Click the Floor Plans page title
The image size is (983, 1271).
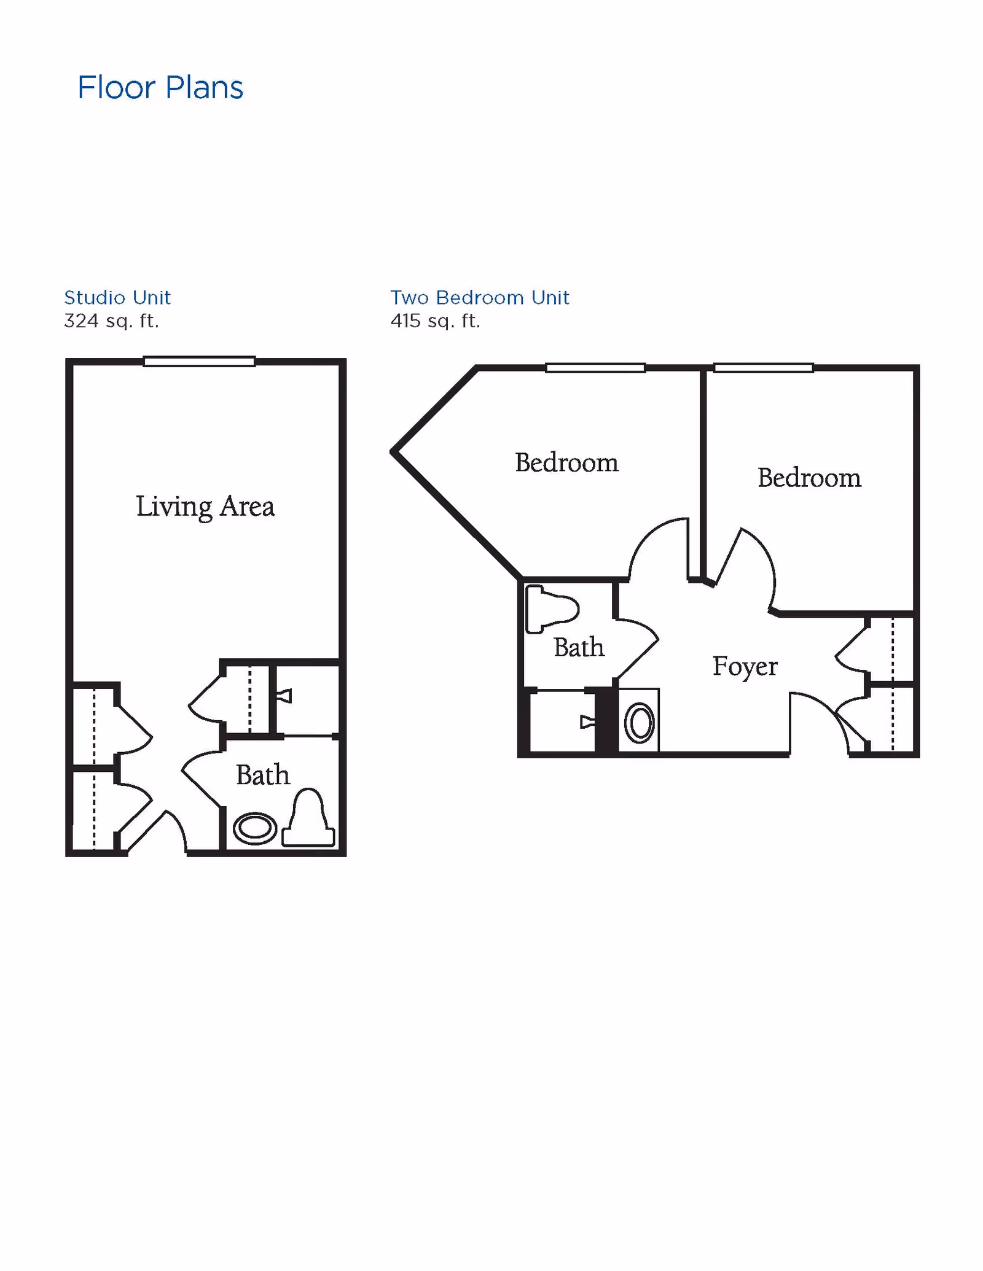pyautogui.click(x=160, y=88)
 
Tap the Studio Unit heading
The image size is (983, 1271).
pyautogui.click(x=117, y=298)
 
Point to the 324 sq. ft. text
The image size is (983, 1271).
pyautogui.click(x=111, y=321)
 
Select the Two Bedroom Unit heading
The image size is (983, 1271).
pyautogui.click(x=480, y=298)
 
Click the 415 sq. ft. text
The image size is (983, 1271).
pyautogui.click(x=435, y=321)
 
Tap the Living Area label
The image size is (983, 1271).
pyautogui.click(x=205, y=507)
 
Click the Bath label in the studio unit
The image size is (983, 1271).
pyautogui.click(x=263, y=775)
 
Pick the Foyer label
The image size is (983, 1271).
pyautogui.click(x=745, y=667)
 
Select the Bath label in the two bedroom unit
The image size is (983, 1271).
pyautogui.click(x=579, y=647)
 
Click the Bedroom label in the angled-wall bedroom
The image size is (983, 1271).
pyautogui.click(x=566, y=462)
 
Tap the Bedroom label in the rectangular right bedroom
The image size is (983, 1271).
pyautogui.click(x=809, y=478)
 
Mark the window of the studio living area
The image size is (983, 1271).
pyautogui.click(x=199, y=362)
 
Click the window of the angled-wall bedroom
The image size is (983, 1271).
pyautogui.click(x=595, y=368)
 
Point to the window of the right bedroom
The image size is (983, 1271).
pyautogui.click(x=763, y=368)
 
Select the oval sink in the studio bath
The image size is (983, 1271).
pyautogui.click(x=255, y=828)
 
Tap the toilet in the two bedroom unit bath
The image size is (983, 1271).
pyautogui.click(x=551, y=608)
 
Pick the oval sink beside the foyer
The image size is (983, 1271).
pyautogui.click(x=640, y=723)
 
